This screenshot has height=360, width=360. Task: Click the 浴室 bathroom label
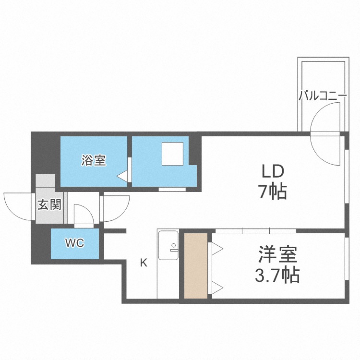(94, 161)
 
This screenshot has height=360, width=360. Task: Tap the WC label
(74, 243)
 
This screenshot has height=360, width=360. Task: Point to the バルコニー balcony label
(323, 95)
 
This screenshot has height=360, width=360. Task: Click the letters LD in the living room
(273, 171)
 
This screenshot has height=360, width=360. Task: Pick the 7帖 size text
(273, 192)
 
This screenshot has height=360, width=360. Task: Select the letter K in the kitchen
(143, 263)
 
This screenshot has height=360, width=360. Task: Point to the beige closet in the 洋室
(195, 265)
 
